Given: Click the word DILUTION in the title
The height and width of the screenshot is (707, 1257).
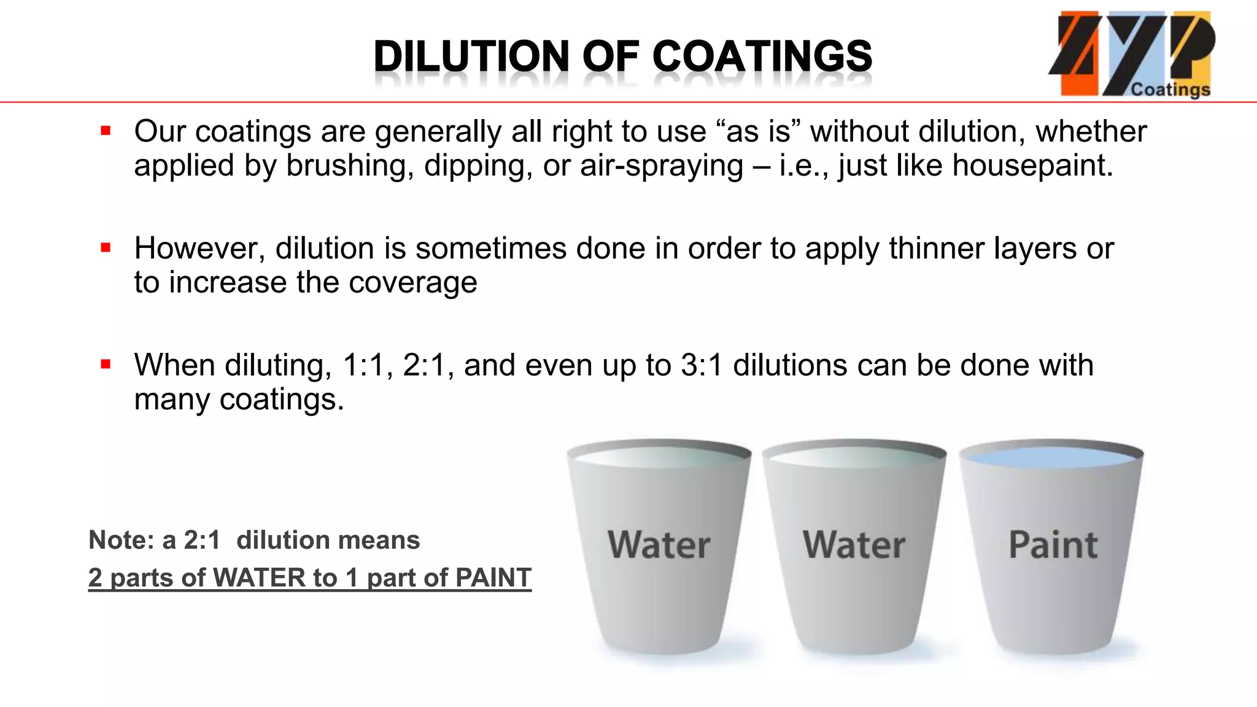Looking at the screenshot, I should (x=471, y=56).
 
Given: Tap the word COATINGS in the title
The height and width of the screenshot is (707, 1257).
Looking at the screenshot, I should (x=762, y=56).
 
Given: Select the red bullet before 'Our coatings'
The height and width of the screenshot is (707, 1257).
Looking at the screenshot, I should (x=106, y=131).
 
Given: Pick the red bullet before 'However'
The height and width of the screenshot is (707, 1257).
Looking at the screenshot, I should (x=106, y=248).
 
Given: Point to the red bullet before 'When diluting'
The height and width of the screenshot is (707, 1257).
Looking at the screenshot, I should (x=106, y=365).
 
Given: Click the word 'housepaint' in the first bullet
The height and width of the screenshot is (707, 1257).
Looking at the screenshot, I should (x=1032, y=166).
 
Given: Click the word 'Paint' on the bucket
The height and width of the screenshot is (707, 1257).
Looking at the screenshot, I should (x=1053, y=545).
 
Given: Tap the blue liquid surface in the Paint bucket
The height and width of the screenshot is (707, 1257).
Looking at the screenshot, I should (x=1051, y=457).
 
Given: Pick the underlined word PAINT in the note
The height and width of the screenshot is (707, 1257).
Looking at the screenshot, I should (x=493, y=578).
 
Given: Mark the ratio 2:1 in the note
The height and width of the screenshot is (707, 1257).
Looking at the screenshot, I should (x=202, y=540).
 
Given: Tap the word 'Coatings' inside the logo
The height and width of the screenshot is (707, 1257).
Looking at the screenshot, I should (x=1170, y=90).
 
